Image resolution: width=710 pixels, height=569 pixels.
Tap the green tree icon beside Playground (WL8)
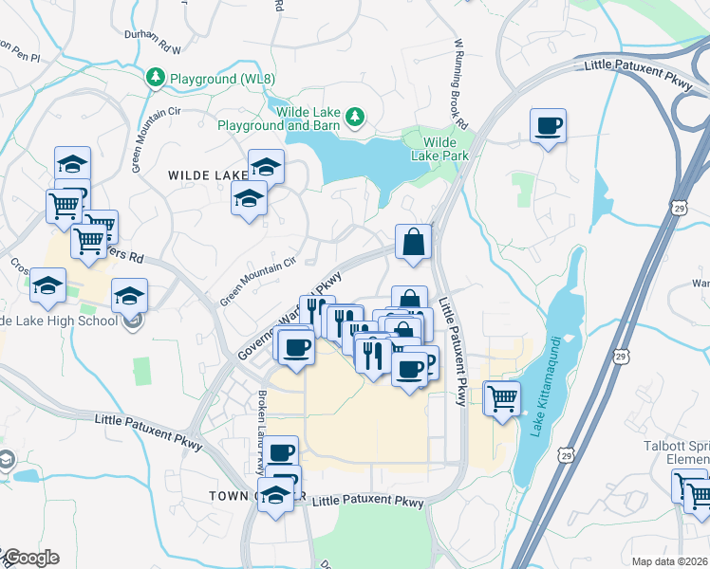coord(154,77)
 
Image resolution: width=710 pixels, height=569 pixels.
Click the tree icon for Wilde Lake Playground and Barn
coord(355,117)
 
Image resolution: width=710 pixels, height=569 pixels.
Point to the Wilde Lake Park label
coord(439,149)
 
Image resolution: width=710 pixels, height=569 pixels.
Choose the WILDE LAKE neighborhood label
coord(207,175)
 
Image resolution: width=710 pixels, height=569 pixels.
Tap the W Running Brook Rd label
coord(461,83)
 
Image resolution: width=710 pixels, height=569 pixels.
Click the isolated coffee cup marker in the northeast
coord(549,126)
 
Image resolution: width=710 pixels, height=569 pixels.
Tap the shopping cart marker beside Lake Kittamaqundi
coord(501,396)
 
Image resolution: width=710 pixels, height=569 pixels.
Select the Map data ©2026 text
coord(669,561)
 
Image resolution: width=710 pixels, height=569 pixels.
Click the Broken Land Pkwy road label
coord(261,431)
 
